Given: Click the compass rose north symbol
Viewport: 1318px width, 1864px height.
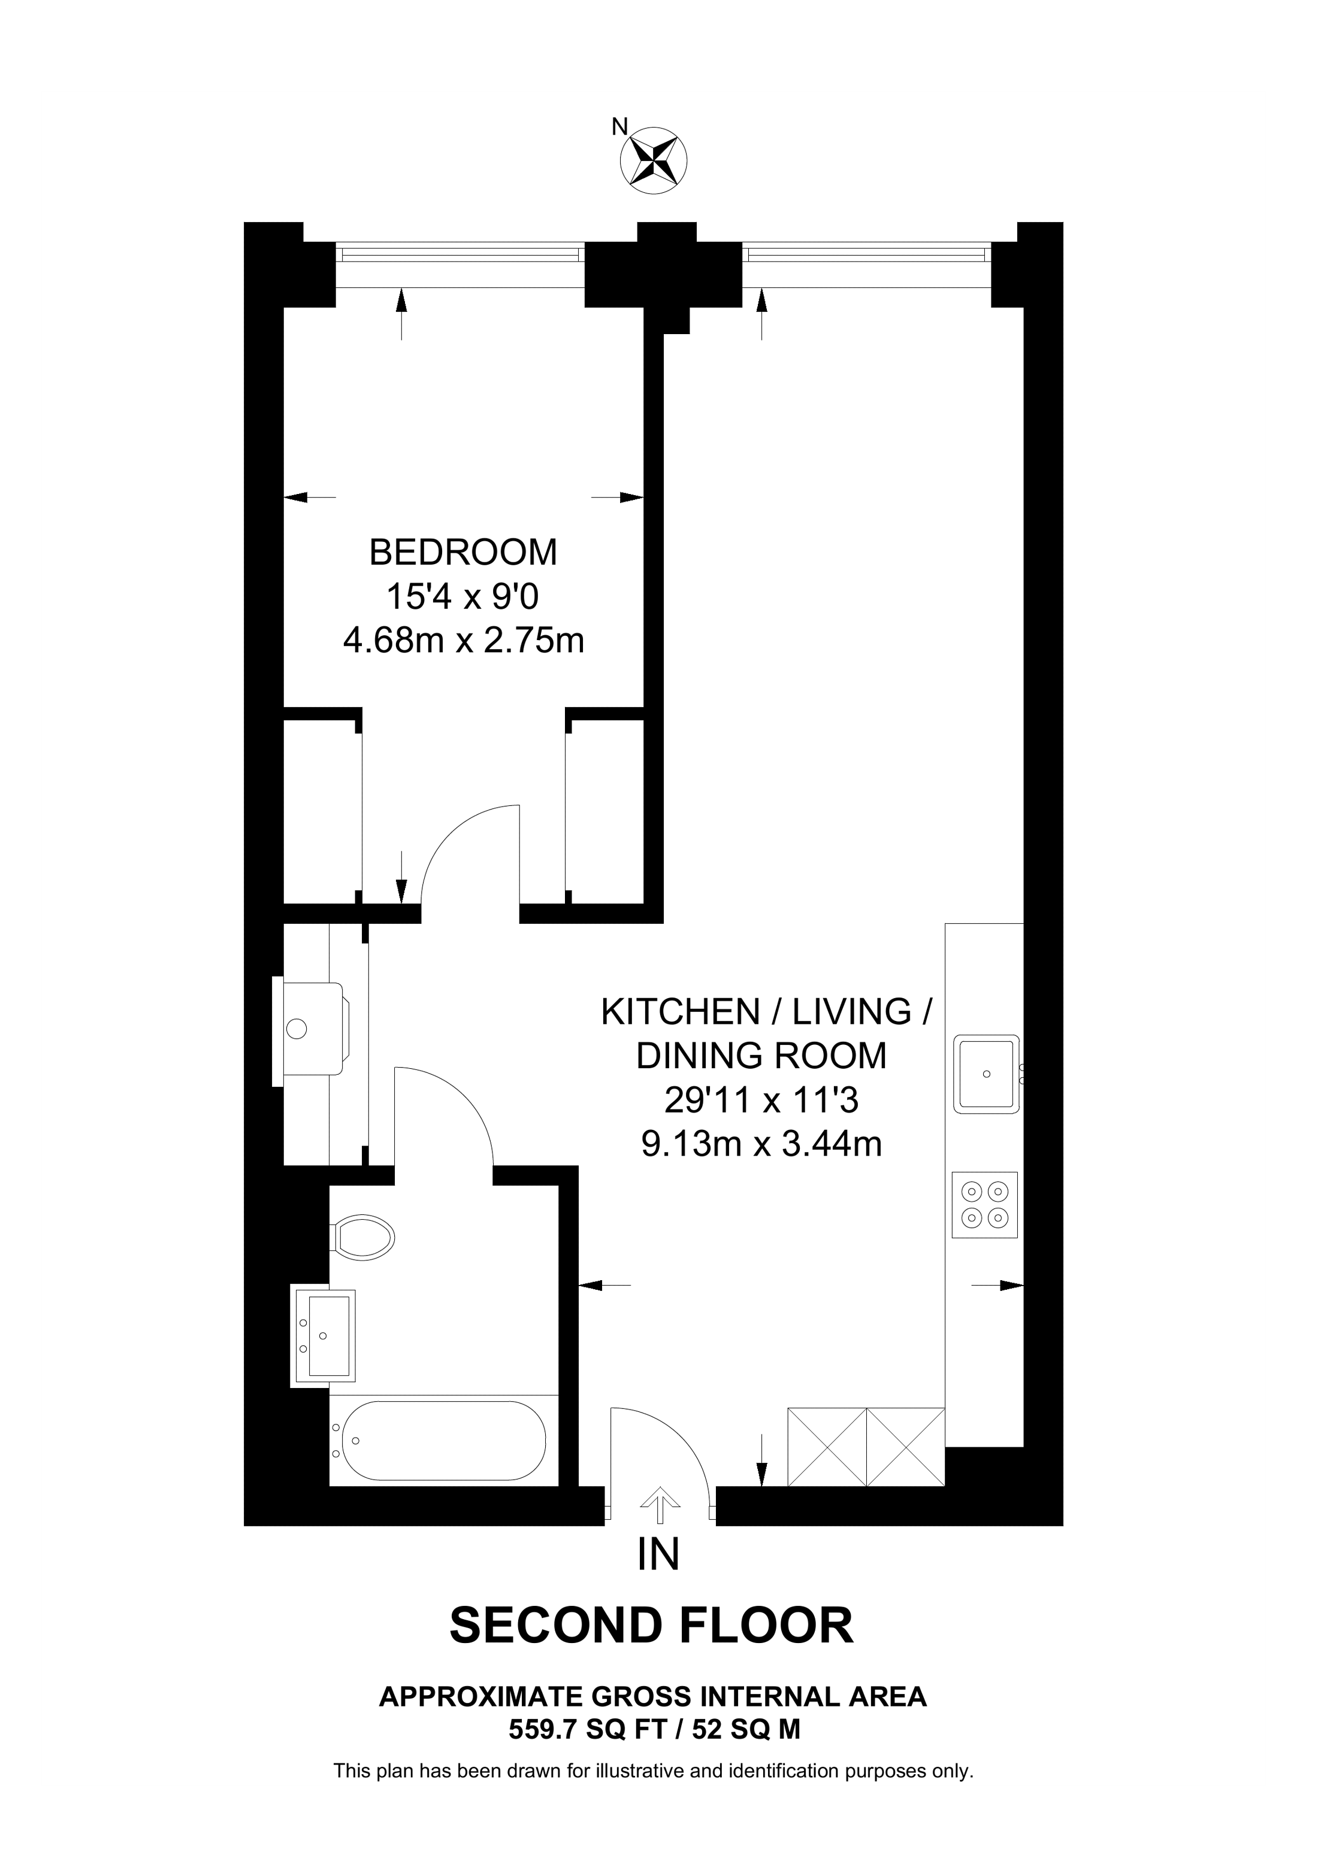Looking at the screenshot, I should pos(653,160).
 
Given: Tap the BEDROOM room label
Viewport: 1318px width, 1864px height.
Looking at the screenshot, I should pos(463,553).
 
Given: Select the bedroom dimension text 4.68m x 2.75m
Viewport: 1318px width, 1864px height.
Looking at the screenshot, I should pos(463,641).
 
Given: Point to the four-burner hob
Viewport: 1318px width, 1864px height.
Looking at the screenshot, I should pos(984,1205).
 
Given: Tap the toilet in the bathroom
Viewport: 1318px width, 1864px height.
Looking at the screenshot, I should pos(363,1238).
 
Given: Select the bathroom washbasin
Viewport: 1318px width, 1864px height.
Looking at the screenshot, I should pos(325,1335).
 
